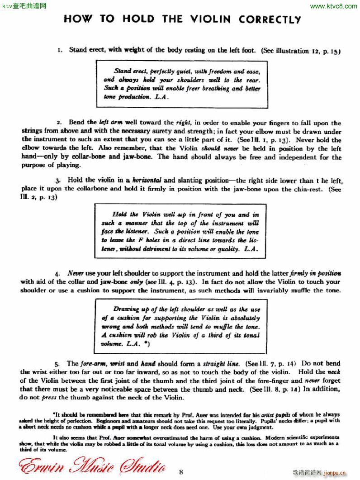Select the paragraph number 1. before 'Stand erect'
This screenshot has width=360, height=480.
coord(60,50)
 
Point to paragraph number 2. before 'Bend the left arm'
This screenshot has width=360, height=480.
coord(59,123)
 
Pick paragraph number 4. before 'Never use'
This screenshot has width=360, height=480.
coord(57,274)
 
